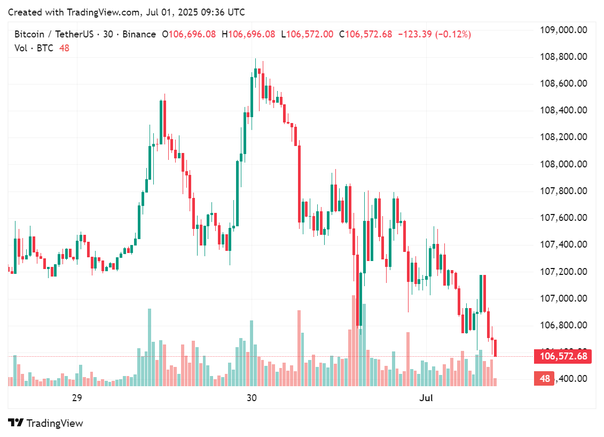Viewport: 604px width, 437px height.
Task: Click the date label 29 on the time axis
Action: tap(76, 398)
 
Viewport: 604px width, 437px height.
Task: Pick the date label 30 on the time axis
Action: tap(252, 398)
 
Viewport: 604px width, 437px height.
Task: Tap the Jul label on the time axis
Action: tap(426, 398)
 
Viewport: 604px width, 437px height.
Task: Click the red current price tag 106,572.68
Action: tap(563, 356)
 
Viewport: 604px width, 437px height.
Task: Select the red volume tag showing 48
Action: tap(545, 379)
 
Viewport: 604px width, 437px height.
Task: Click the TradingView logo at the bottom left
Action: tap(46, 423)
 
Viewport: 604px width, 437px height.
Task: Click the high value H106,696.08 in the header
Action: tap(252, 34)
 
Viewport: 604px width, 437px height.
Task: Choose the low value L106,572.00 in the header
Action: tap(310, 34)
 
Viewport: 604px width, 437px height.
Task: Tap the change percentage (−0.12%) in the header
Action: tap(453, 34)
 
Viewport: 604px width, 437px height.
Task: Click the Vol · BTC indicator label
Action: tap(34, 48)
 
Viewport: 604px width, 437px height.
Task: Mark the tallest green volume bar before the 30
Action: tap(150, 347)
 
